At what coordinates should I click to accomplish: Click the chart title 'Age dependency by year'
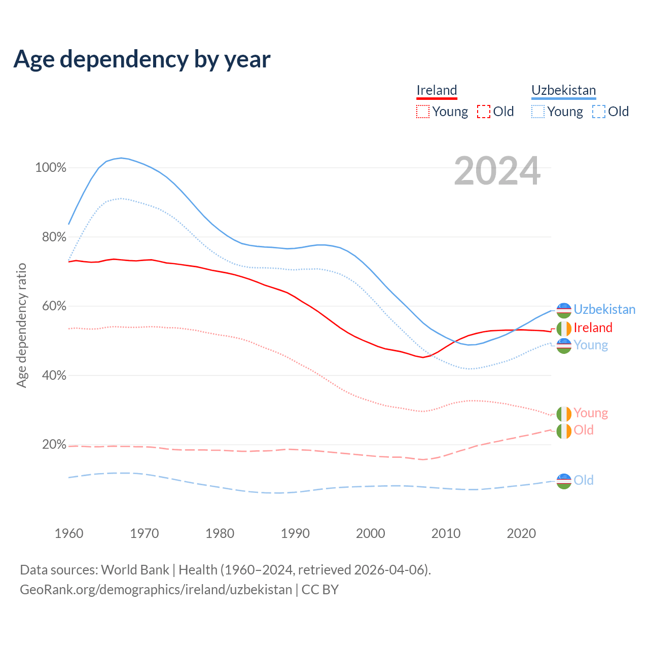pos(142,59)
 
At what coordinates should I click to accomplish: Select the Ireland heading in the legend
pos(437,90)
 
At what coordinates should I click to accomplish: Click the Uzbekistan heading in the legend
pos(563,90)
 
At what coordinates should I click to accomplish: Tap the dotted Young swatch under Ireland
pos(422,112)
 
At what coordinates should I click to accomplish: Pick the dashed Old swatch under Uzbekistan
pos(599,112)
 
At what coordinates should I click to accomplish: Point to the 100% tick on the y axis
pos(51,168)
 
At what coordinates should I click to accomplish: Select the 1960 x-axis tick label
pos(69,533)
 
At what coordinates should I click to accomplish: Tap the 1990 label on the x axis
pos(295,533)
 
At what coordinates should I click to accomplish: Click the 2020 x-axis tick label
pos(521,533)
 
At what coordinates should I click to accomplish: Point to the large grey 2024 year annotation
pos(497,171)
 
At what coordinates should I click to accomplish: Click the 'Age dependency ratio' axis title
pos(22,325)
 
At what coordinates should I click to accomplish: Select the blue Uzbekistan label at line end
pos(604,309)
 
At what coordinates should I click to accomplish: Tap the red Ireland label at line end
pos(593,328)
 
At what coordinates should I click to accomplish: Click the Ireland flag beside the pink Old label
pos(564,431)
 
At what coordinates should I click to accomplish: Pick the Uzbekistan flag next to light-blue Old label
pos(564,481)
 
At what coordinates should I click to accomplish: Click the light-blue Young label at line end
pos(591,345)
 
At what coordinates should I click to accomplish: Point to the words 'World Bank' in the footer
pos(135,570)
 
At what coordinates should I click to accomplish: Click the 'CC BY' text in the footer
pos(320,590)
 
